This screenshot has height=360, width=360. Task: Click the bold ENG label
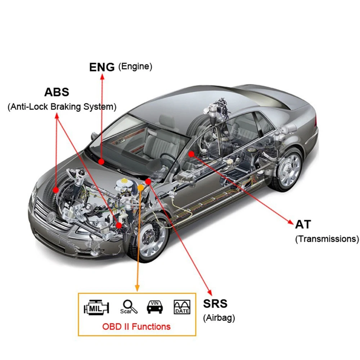click(x=102, y=67)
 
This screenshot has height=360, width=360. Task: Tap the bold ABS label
click(x=57, y=92)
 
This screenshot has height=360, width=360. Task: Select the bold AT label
click(x=303, y=224)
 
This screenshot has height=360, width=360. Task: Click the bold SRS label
click(x=215, y=303)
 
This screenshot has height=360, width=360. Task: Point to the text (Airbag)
click(x=219, y=318)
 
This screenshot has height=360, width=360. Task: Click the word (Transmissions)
click(x=327, y=239)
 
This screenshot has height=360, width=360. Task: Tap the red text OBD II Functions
click(x=136, y=327)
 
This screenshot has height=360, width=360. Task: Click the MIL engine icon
click(x=96, y=307)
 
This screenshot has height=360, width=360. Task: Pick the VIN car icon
click(x=155, y=307)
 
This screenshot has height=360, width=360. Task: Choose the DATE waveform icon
click(x=182, y=307)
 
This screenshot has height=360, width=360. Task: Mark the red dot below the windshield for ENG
click(x=101, y=162)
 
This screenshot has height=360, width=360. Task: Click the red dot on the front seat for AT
click(x=191, y=154)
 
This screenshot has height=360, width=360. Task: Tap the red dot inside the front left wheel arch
click(x=55, y=190)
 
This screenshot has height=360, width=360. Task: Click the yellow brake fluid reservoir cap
click(x=124, y=180)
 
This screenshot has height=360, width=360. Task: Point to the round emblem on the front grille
click(x=50, y=216)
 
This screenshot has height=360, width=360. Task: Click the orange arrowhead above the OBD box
click(x=137, y=288)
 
